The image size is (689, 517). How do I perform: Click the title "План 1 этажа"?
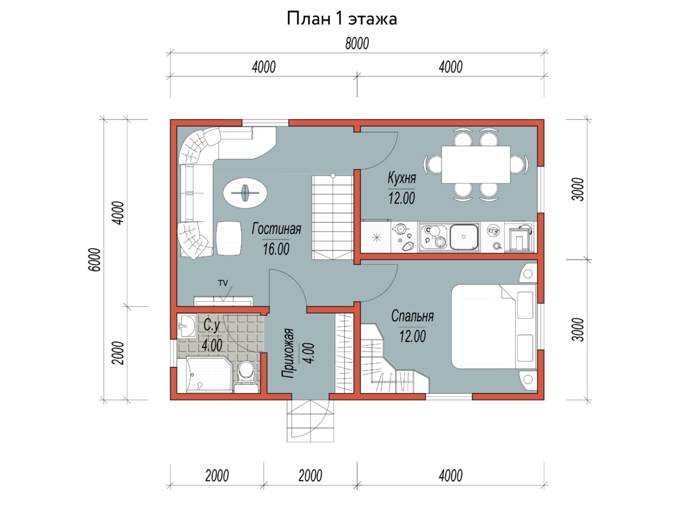tap(342, 18)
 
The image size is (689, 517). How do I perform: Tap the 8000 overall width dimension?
tap(357, 43)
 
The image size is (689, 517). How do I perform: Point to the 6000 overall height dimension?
tap(95, 260)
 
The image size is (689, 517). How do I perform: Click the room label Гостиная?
tap(276, 229)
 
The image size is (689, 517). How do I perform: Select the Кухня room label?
tap(401, 178)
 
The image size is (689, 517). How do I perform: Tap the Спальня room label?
tap(412, 316)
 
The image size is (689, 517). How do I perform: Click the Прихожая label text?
tap(288, 353)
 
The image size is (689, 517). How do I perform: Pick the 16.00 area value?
tap(276, 249)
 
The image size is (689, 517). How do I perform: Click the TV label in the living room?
tap(223, 283)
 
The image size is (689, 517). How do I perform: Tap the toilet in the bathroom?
tap(246, 376)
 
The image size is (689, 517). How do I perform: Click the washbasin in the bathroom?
tap(187, 326)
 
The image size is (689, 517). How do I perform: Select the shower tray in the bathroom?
tap(210, 374)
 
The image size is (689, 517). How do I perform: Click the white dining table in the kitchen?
tap(475, 164)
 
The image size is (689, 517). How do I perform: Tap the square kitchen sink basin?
tap(464, 237)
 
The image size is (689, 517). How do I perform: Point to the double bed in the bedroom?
tap(494, 326)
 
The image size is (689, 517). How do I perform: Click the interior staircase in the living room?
tap(332, 217)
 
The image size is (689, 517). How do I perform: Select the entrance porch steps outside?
tap(310, 420)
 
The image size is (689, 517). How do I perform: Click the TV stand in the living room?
tap(223, 301)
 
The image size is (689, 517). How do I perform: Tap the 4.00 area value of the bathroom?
tap(212, 345)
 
